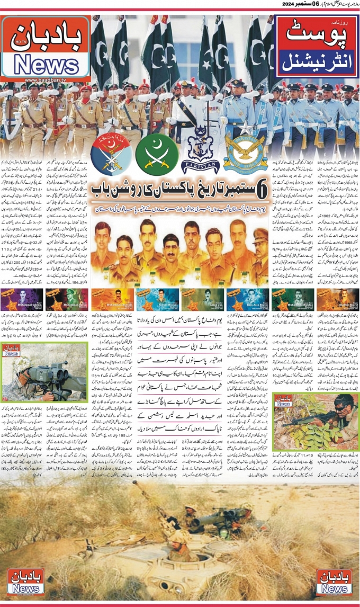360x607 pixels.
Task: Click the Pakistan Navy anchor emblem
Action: [200, 150]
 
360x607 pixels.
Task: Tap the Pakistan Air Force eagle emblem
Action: [245, 151]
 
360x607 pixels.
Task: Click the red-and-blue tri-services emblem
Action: [112, 154]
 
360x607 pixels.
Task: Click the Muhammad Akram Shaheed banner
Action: [22, 299]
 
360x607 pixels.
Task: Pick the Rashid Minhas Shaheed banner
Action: [157, 299]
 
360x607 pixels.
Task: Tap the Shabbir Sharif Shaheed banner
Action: [338, 299]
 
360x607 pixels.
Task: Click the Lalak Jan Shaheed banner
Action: [202, 299]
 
